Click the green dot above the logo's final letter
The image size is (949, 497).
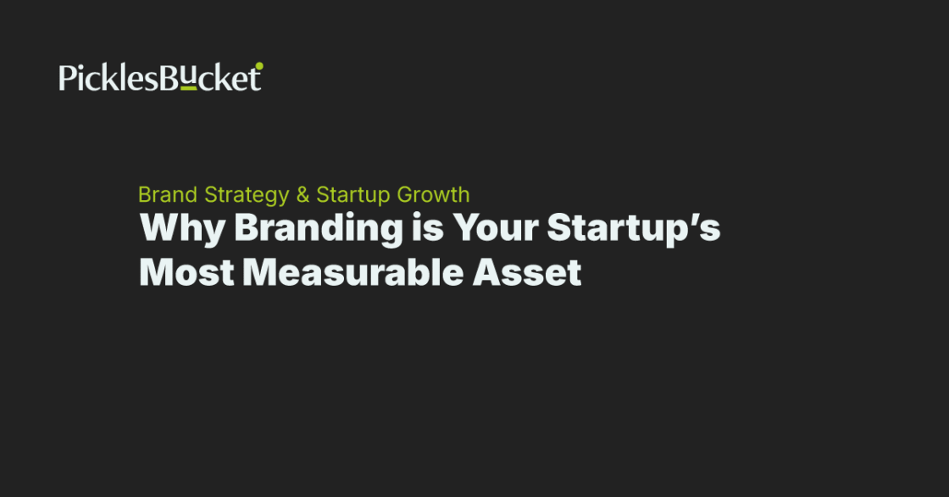[259, 65]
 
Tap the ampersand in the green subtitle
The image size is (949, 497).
[302, 194]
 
